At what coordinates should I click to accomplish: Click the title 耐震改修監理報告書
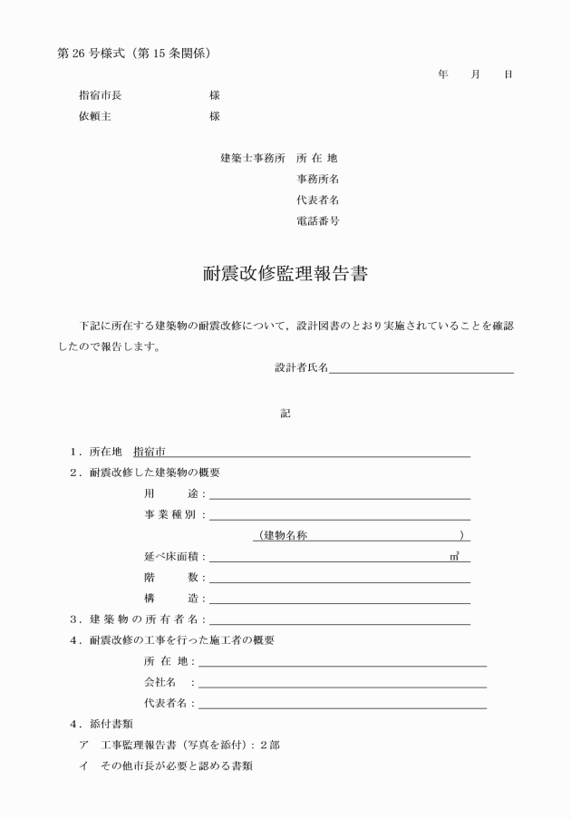pos(285,274)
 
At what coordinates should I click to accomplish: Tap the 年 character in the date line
pos(442,74)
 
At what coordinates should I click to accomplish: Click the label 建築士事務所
pos(252,158)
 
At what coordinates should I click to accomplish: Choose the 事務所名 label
pos(317,179)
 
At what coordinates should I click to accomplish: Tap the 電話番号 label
pos(317,220)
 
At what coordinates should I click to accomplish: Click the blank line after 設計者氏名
pos(421,368)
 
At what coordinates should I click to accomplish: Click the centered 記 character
pos(285,413)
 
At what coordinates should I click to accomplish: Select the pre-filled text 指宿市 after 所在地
pos(150,451)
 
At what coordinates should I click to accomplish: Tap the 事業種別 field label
pos(173,514)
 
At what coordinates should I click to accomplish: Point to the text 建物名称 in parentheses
pos(285,535)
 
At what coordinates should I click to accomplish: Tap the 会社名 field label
pos(163,681)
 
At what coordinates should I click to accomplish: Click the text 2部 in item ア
pos(268,745)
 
